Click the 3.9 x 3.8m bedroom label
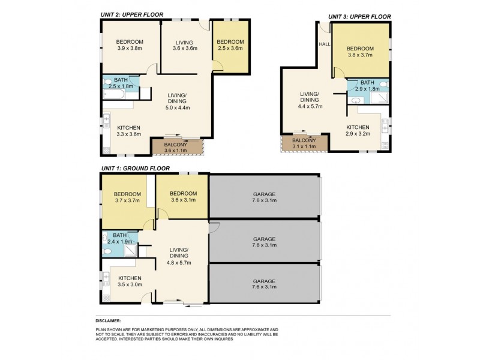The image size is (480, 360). (129, 45)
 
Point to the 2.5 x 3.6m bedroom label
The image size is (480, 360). (230, 45)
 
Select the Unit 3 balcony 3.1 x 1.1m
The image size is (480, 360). (303, 143)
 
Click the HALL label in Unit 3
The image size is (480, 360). (325, 43)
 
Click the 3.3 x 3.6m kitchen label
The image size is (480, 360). (128, 131)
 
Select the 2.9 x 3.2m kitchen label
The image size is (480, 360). (358, 130)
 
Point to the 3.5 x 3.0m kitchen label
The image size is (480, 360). (129, 281)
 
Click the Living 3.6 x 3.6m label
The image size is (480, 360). (183, 45)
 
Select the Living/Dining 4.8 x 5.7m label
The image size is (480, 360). (179, 256)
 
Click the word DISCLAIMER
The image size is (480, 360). (108, 321)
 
